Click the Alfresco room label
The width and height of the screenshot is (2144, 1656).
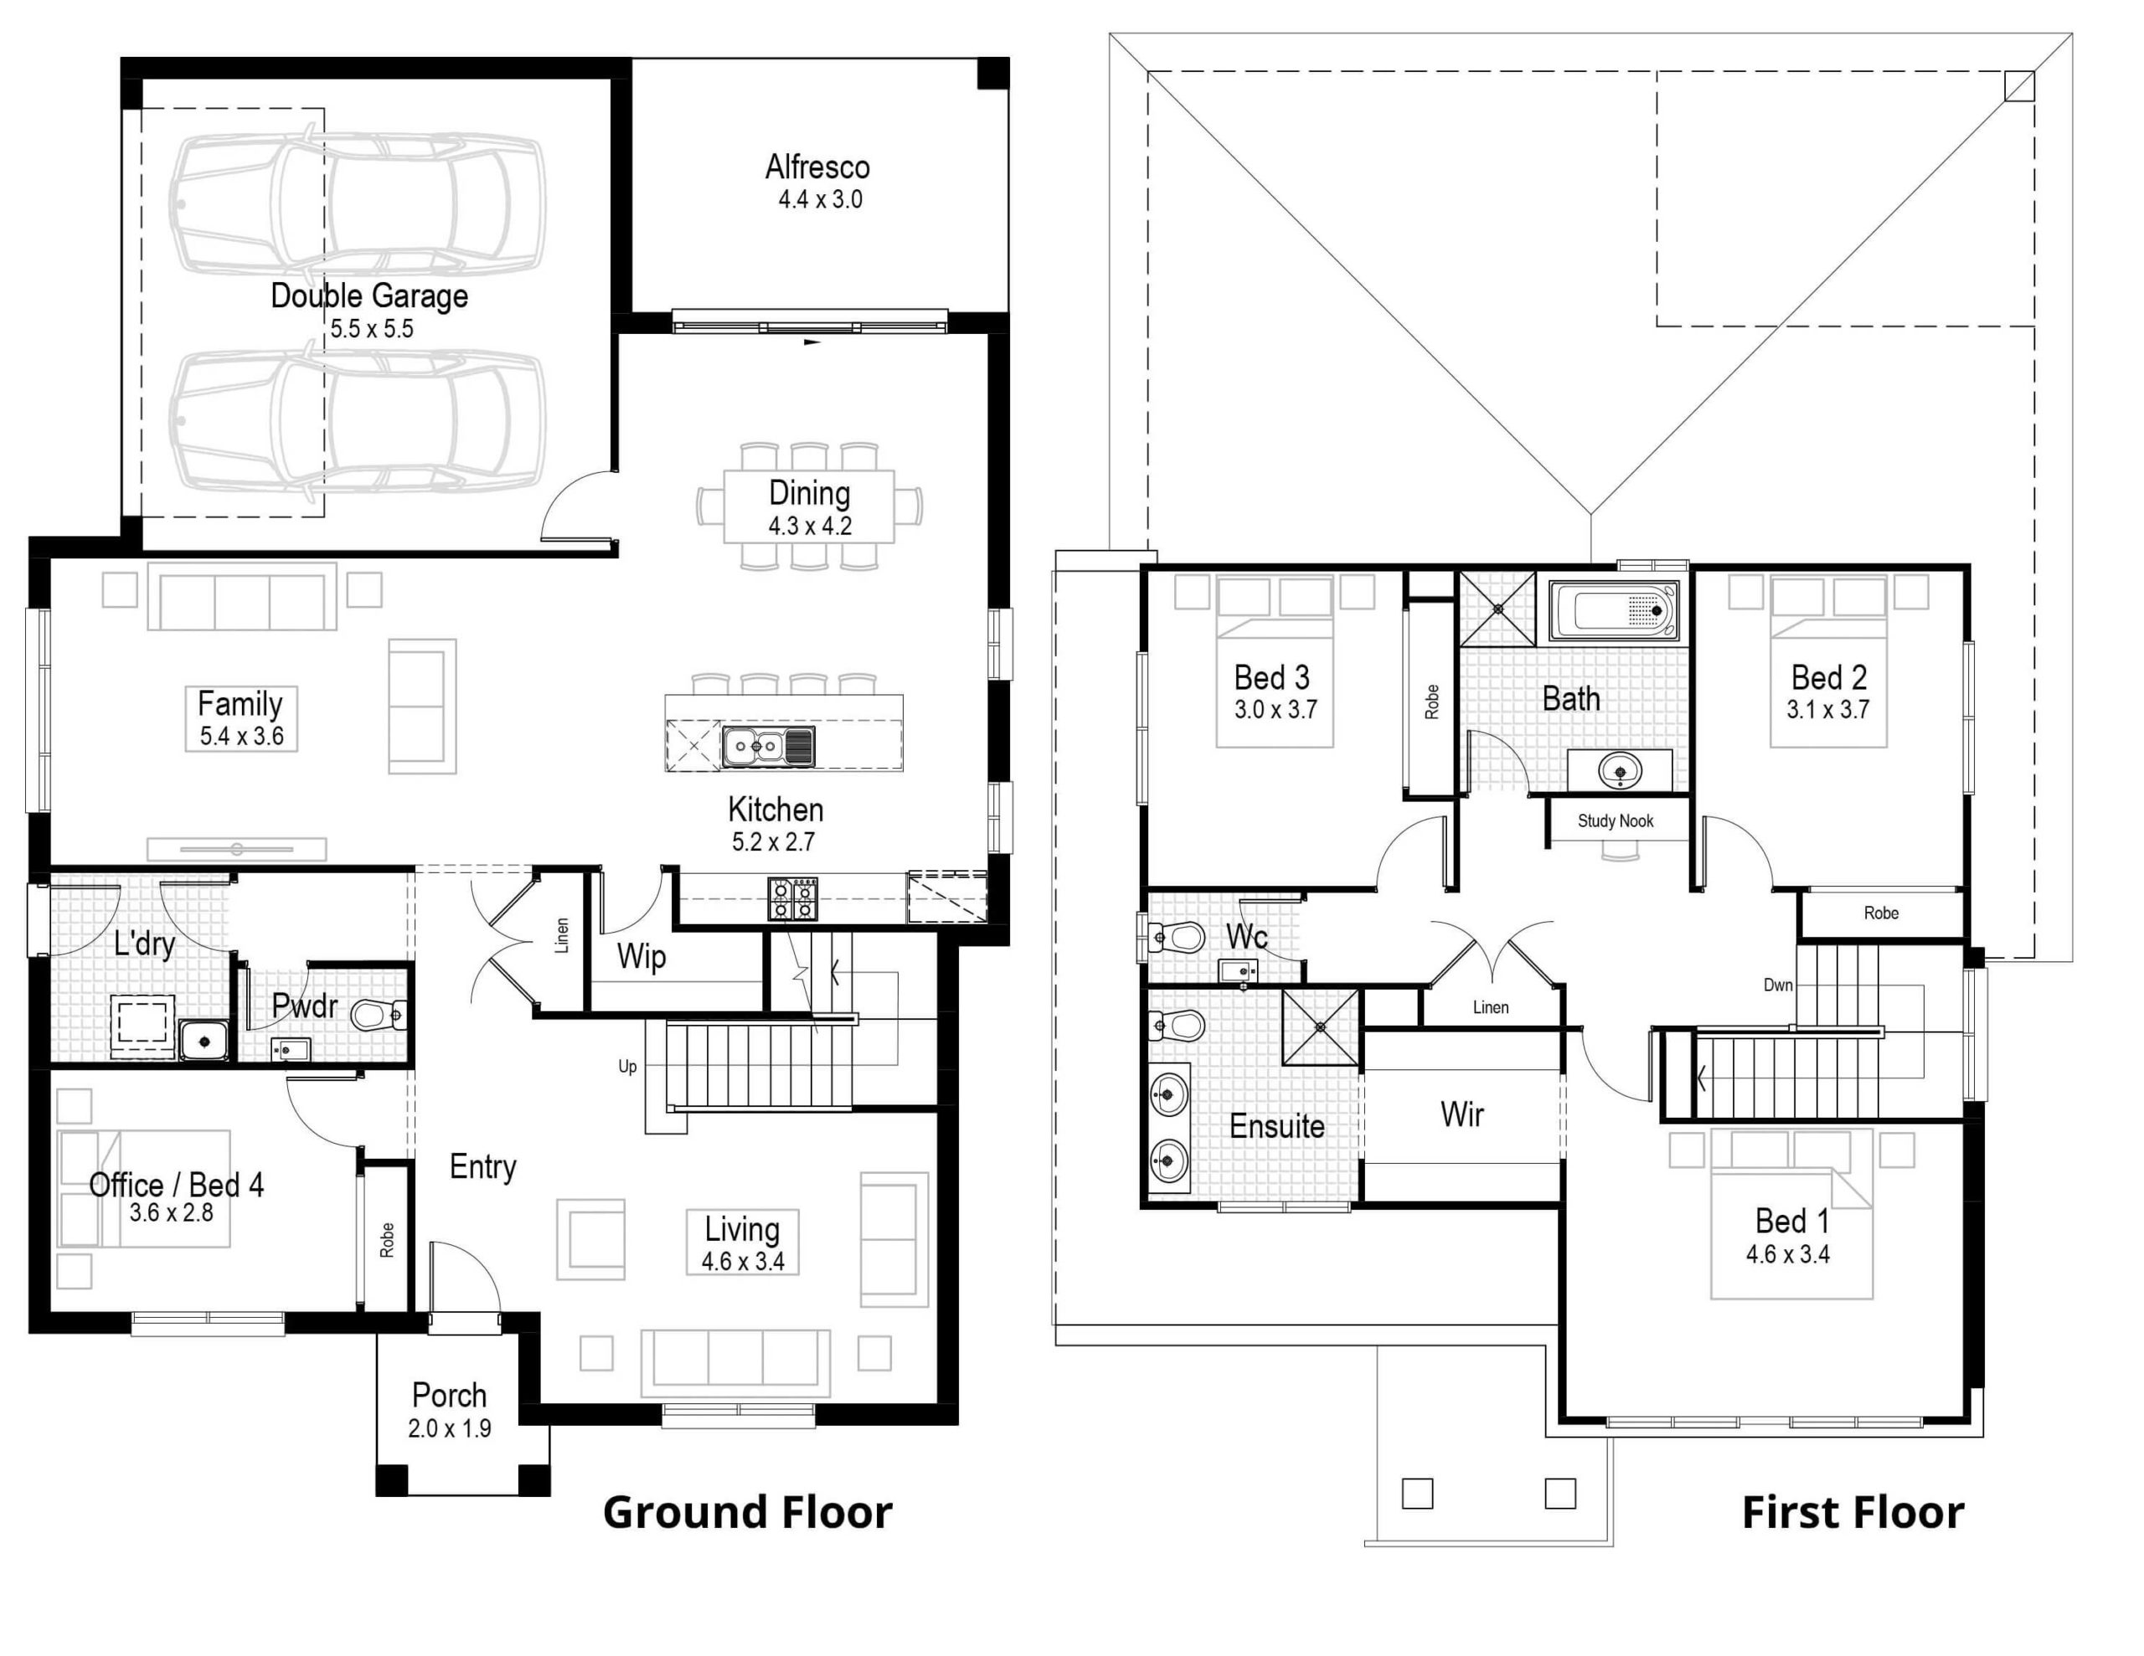817,167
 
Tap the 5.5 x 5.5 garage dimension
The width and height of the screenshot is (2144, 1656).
371,329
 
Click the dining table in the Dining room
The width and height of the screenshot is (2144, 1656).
809,507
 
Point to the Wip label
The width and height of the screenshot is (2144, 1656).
641,956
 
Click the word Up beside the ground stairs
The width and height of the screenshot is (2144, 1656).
627,1066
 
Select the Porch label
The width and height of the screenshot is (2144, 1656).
449,1395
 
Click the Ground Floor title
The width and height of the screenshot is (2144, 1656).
747,1513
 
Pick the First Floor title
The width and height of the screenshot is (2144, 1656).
1853,1513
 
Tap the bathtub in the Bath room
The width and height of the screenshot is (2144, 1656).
1613,610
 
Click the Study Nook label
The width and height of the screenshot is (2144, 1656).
1615,820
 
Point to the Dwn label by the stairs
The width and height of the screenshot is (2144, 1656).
1778,985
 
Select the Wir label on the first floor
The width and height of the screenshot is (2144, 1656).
1461,1114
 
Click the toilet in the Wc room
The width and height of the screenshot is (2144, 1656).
1179,937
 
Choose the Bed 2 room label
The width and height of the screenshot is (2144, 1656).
1828,677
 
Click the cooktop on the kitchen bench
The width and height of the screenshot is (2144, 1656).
792,898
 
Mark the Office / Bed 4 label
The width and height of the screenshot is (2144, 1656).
177,1185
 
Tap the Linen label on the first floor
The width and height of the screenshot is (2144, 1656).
1490,1007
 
